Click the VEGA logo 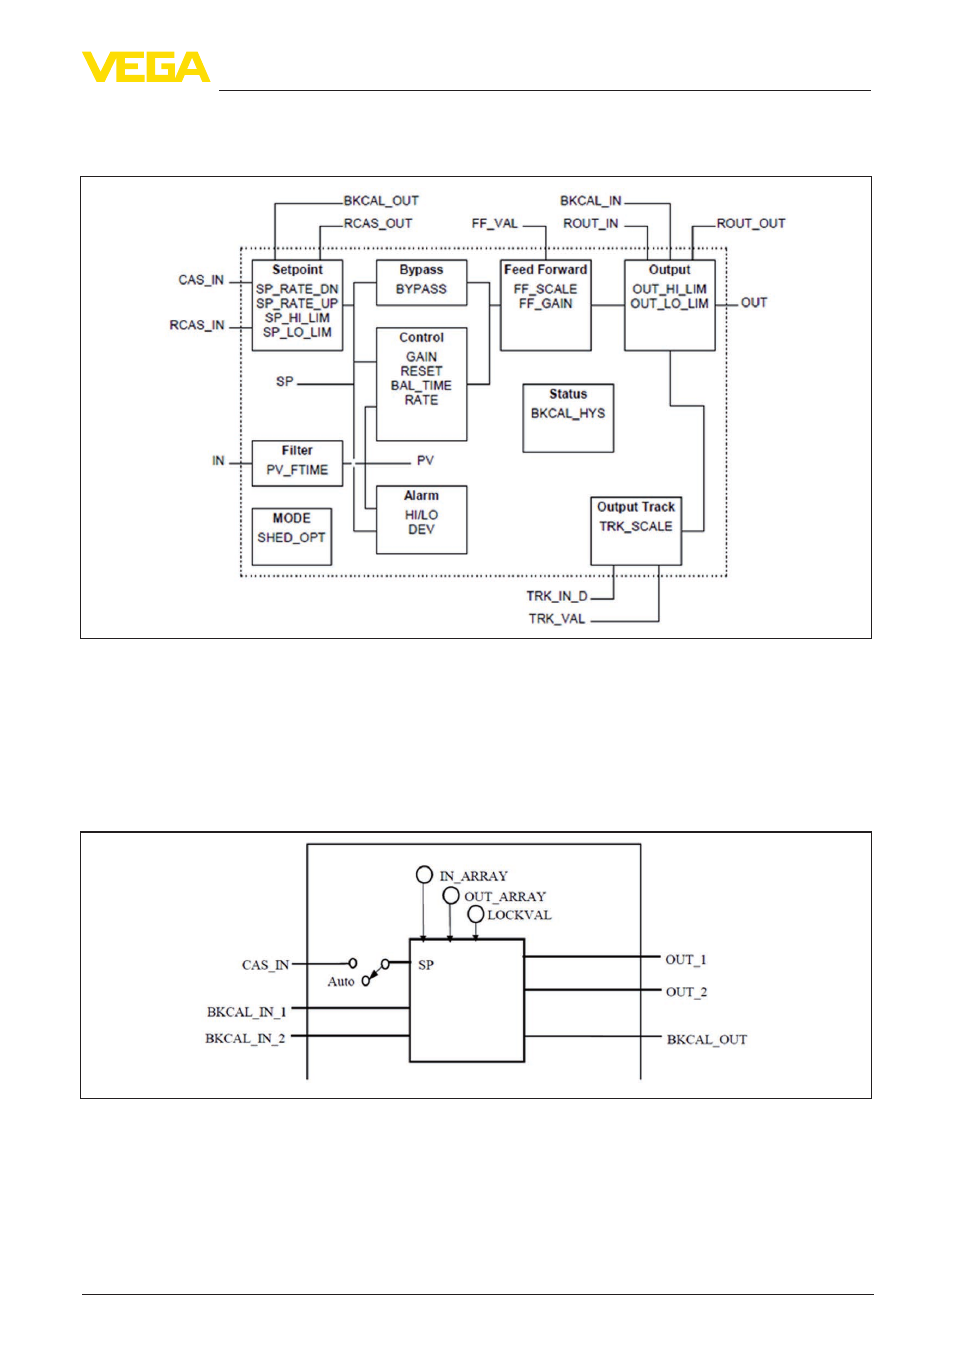pyautogui.click(x=146, y=67)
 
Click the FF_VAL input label pyautogui.click(x=495, y=224)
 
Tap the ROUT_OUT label pyautogui.click(x=751, y=224)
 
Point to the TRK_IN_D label pyautogui.click(x=557, y=596)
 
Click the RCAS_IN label pyautogui.click(x=197, y=325)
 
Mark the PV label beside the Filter pyautogui.click(x=425, y=461)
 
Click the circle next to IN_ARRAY pyautogui.click(x=424, y=875)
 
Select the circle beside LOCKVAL pyautogui.click(x=476, y=914)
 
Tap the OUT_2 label pyautogui.click(x=686, y=992)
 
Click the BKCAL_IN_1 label pyautogui.click(x=246, y=1012)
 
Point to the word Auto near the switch pyautogui.click(x=341, y=981)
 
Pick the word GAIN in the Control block pyautogui.click(x=421, y=357)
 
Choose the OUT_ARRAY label pyautogui.click(x=505, y=896)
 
